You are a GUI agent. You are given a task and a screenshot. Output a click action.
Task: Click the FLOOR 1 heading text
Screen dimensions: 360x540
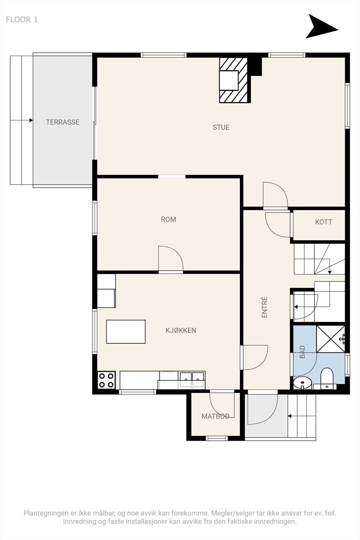coord(22,20)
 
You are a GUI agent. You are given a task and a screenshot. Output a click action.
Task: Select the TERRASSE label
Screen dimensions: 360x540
coord(63,122)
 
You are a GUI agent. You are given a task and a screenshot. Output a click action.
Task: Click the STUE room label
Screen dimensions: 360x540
coord(221,127)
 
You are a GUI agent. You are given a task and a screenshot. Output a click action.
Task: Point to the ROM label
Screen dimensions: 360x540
coord(168,219)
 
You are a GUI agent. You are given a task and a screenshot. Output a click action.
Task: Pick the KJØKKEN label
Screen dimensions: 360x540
coord(181,330)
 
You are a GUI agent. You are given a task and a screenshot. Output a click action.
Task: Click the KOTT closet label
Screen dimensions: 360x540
coord(324,222)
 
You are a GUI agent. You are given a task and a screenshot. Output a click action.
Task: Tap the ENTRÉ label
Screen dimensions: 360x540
coord(265,307)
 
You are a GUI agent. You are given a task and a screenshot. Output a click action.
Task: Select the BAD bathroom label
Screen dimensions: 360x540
coord(302,352)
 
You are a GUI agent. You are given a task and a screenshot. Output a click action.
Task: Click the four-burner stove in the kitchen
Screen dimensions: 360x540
coord(107,380)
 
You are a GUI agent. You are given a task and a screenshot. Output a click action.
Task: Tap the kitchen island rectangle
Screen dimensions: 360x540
coord(126,331)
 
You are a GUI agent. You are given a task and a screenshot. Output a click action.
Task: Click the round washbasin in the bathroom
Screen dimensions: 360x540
coord(302,383)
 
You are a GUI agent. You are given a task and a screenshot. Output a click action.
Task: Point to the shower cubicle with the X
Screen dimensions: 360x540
coord(330,339)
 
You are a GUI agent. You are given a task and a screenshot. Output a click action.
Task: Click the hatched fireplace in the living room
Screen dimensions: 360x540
coord(233,81)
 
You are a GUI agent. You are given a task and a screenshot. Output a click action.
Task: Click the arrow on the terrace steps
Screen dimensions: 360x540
coord(22,120)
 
